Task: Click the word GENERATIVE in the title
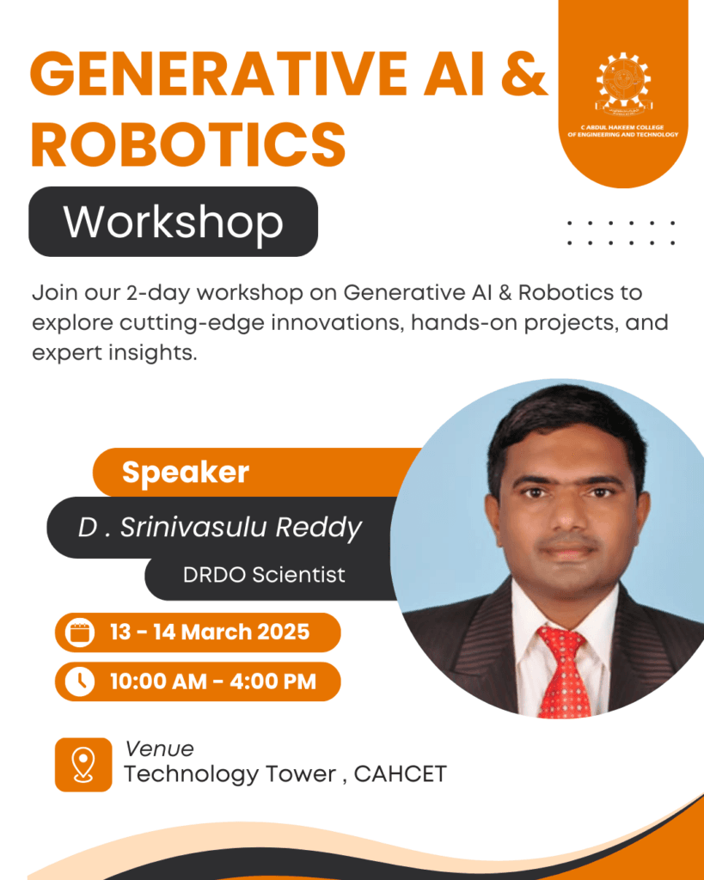217,74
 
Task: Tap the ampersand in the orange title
524,74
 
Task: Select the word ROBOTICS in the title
188,144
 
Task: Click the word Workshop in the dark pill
173,223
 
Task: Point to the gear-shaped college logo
623,82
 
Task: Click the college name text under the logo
623,131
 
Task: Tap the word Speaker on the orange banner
186,472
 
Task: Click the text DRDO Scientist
264,575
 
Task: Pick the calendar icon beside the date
80,632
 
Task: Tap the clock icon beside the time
80,681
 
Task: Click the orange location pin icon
83,764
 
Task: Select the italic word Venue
159,749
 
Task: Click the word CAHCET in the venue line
401,774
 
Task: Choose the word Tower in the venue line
301,774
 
